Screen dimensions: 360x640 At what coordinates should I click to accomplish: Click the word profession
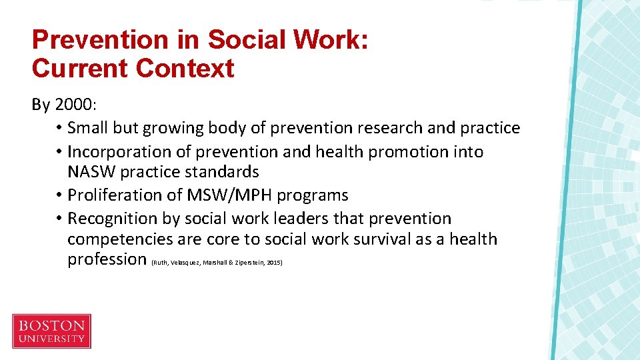107,259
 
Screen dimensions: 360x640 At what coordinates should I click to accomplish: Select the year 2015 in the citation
275,263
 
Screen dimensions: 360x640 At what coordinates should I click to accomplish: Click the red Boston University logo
51,331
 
